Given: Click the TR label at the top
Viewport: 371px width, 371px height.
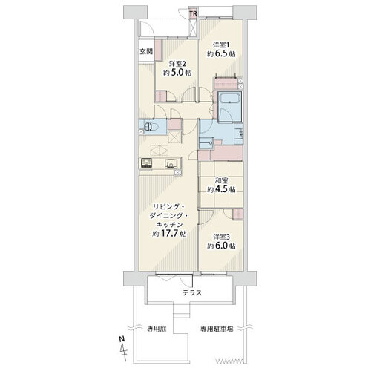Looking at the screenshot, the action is click(193, 13).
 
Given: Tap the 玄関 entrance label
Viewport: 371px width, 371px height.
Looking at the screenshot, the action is click(146, 52).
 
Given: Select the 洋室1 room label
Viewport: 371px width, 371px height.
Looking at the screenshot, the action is click(221, 45).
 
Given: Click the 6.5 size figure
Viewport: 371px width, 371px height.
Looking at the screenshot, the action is click(222, 54).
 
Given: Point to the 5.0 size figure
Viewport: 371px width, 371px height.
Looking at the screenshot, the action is click(177, 73).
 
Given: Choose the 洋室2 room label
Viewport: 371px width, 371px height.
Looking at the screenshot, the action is click(177, 64).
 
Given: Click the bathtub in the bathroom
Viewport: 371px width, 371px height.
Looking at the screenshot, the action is click(229, 98).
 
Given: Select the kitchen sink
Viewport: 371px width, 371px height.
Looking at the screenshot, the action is click(171, 163).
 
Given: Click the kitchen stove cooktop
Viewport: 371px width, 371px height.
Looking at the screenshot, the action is click(146, 163).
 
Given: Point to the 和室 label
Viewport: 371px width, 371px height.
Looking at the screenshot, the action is click(221, 180).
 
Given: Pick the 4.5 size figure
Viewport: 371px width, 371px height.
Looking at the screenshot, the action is click(222, 190).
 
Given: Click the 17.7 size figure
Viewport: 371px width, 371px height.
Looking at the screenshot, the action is click(169, 234).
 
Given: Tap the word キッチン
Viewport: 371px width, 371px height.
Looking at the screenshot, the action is click(169, 225).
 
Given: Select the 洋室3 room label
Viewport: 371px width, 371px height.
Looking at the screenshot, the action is click(221, 237).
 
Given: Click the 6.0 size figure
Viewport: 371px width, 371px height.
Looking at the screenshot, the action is click(222, 246).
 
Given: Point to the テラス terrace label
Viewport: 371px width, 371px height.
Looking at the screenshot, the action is click(192, 293).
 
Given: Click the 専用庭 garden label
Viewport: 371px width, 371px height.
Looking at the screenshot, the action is click(157, 329).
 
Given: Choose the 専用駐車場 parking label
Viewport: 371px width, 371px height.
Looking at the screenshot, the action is click(217, 329).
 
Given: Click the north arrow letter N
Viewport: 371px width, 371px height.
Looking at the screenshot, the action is click(122, 339).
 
